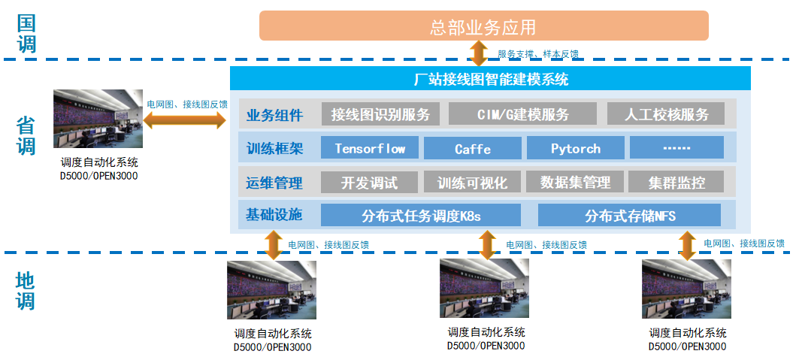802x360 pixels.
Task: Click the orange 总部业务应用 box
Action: pos(483,26)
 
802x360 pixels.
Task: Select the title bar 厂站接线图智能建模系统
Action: pos(490,78)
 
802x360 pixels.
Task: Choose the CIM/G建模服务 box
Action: pos(522,114)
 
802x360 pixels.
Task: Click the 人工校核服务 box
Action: pos(666,114)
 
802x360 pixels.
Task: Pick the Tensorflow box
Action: pos(370,148)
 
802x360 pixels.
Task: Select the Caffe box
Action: pos(473,148)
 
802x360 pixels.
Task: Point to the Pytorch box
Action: pos(575,148)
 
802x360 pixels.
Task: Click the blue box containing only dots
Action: pos(676,148)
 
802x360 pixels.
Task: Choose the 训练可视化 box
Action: pos(472,182)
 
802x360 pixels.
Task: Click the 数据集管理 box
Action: pos(575,182)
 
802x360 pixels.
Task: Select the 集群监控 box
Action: pos(676,182)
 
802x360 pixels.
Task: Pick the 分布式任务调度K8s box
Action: pos(421,216)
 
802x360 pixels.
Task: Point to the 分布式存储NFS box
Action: pos(629,216)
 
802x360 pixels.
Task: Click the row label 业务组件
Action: pos(274,115)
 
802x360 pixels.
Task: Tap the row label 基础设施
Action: pos(274,215)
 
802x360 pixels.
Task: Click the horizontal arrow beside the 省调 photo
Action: pos(184,119)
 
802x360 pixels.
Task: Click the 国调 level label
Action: pos(27,33)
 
